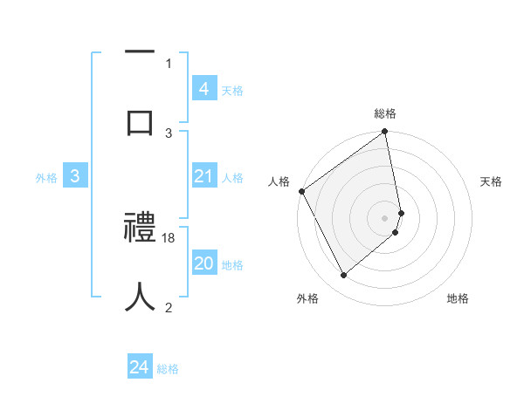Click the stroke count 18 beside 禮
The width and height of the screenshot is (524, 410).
coord(169,237)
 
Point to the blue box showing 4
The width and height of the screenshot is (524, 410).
coord(203,89)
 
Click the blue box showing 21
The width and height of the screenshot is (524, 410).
coord(203,177)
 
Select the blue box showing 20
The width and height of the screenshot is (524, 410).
coord(203,264)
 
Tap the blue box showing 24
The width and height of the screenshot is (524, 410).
coord(140,368)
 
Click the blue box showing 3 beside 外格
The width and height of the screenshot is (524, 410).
coord(75,177)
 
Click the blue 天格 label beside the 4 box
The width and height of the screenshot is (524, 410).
coord(232,90)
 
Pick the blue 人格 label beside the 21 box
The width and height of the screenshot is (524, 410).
coord(232,178)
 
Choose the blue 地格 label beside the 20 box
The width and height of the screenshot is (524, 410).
coord(232,265)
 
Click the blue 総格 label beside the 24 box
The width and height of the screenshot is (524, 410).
coord(168,369)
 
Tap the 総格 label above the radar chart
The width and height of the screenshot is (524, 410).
coord(385,114)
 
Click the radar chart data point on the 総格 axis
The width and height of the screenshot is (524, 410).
coord(385,133)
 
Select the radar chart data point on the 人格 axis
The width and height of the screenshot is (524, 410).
coord(301,191)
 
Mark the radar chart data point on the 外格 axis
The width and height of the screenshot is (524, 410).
coord(343,276)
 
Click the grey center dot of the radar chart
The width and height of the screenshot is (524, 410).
coord(385,217)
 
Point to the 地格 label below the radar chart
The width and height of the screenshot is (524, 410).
coord(458,298)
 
